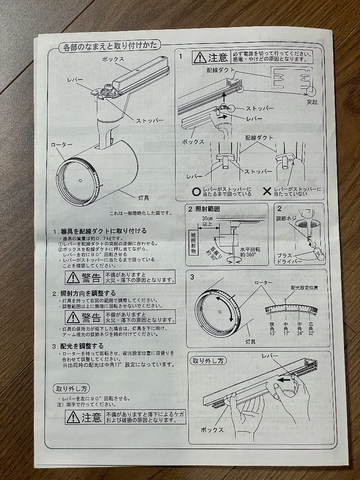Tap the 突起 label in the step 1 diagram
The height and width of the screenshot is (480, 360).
[312, 102]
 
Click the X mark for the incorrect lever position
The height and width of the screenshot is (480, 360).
[267, 192]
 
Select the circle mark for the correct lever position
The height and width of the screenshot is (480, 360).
[196, 192]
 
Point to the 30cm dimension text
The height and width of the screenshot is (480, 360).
[207, 219]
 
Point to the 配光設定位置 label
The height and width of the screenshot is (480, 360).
[304, 288]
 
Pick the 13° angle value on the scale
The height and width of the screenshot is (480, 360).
[272, 329]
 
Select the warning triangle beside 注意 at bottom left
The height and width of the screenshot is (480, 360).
[73, 417]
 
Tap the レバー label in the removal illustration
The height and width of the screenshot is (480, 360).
[270, 356]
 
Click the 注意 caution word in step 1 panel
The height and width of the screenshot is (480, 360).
[218, 57]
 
